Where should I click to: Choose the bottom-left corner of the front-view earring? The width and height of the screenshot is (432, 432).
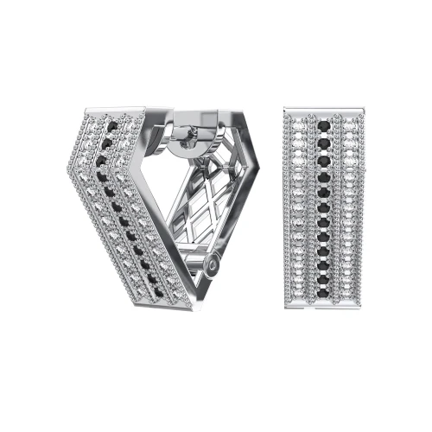tap(285, 316)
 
